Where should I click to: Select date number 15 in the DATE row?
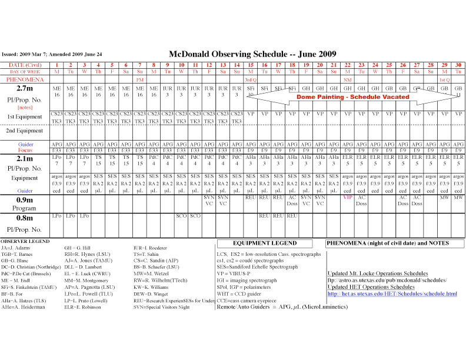[x=250, y=64]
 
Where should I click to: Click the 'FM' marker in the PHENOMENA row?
[x=140, y=79]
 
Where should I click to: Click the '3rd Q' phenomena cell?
[x=250, y=79]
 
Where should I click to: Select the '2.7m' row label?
[x=24, y=88]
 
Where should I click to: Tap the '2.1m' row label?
[x=24, y=158]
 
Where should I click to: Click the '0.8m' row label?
[x=24, y=218]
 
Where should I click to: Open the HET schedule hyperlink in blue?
[x=392, y=293]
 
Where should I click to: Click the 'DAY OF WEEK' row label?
[x=24, y=71]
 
